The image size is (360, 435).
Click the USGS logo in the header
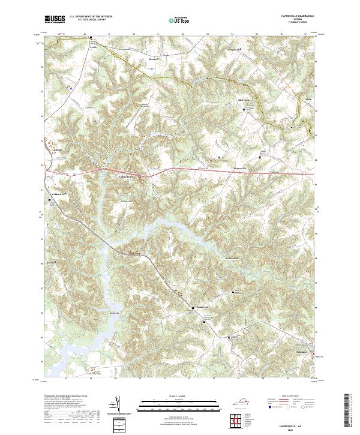pyautogui.click(x=55, y=19)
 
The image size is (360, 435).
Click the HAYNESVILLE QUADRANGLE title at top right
pyautogui.click(x=294, y=17)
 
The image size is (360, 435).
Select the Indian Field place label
pyautogui.click(x=124, y=176)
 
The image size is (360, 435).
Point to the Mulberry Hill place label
pyautogui.click(x=232, y=258)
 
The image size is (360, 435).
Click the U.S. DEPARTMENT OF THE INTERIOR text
pyautogui.click(x=91, y=17)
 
